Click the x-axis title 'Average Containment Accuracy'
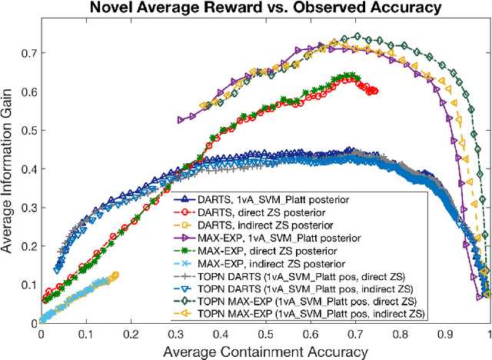click(265, 351)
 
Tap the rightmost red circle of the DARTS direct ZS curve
click(374, 91)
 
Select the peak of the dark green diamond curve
click(355, 36)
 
